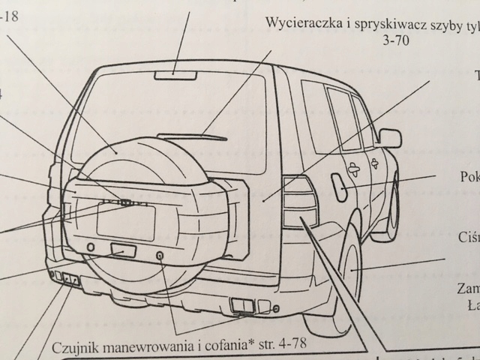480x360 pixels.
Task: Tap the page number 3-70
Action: pyautogui.click(x=387, y=38)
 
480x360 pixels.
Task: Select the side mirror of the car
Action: pyautogui.click(x=390, y=137)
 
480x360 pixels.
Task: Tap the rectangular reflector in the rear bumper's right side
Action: pyautogui.click(x=243, y=304)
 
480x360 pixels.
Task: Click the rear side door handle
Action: pyautogui.click(x=373, y=163)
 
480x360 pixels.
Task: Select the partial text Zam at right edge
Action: pyautogui.click(x=468, y=289)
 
